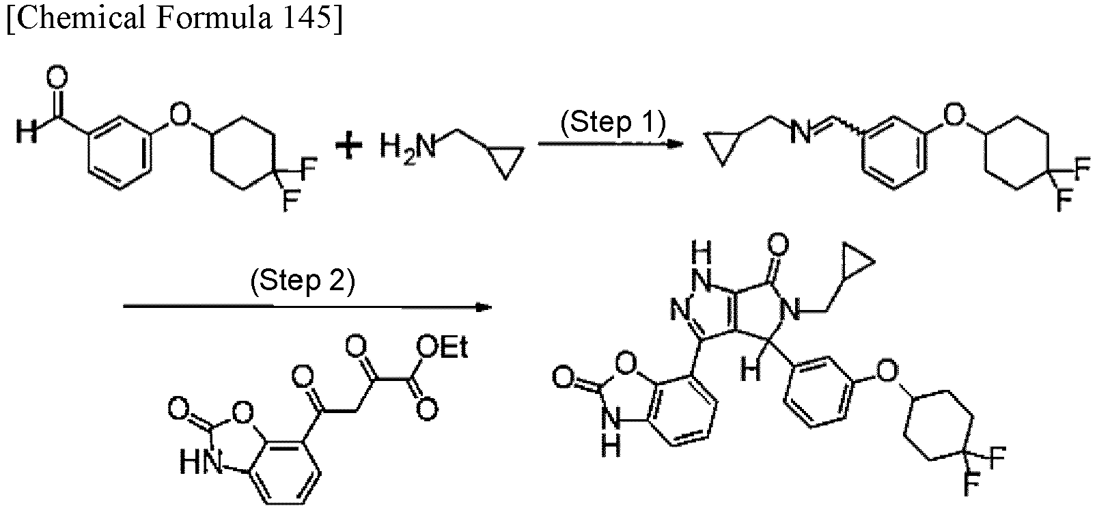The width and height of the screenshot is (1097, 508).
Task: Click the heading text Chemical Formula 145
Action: coord(174,18)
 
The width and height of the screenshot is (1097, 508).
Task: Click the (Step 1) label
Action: coord(613,123)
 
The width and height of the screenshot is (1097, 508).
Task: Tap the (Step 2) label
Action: coord(303,281)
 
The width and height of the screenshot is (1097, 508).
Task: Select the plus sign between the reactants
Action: coord(348,146)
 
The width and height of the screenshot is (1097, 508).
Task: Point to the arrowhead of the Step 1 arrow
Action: coord(677,144)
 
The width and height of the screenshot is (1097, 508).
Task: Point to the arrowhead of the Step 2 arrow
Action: coord(484,307)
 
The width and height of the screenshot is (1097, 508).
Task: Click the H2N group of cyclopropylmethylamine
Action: coord(408,146)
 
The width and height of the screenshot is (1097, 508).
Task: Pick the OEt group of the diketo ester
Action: coord(442,348)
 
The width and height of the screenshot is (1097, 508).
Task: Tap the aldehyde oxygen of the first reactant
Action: coord(57,77)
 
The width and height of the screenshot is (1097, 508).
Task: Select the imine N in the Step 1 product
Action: coord(801,132)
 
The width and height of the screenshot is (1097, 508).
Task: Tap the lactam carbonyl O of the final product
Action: coord(778,244)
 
